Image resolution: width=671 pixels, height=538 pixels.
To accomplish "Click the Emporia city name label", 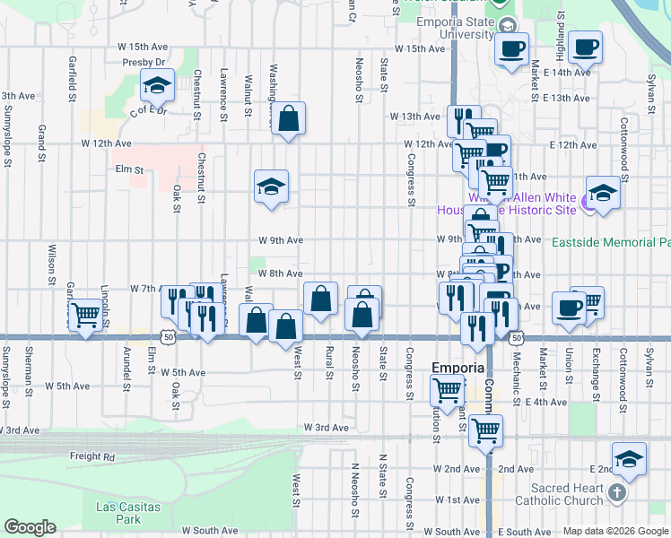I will click(458, 368).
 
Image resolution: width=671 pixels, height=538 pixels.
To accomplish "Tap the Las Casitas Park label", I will click(128, 513).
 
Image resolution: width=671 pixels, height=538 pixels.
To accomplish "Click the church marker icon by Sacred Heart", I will click(616, 492).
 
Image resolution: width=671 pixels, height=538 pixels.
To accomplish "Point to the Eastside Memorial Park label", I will click(611, 242).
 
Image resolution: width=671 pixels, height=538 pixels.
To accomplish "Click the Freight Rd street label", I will click(92, 456).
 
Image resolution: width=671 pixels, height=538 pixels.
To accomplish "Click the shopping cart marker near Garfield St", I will click(84, 315).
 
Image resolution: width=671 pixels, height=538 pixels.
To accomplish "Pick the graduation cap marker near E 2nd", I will click(629, 459).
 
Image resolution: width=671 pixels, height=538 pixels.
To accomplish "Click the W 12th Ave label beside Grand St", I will click(106, 143).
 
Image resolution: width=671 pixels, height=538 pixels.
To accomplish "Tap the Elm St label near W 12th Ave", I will click(128, 168).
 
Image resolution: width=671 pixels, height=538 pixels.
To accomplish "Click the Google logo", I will click(30, 527).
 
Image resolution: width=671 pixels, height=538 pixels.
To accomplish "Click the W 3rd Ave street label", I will click(325, 428).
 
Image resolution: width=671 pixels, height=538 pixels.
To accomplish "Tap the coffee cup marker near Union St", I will click(568, 308).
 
